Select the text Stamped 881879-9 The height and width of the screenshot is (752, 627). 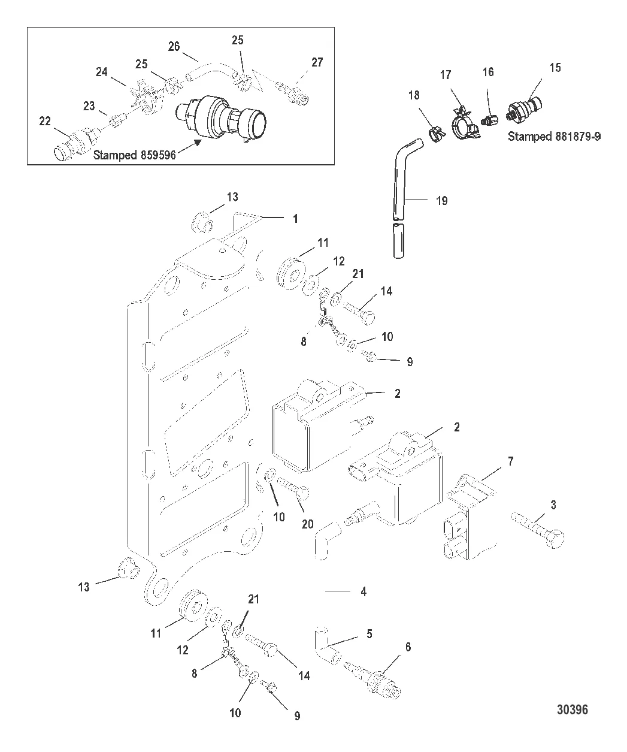(555, 137)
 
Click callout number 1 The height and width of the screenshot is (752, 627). (295, 219)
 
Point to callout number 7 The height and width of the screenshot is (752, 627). (510, 461)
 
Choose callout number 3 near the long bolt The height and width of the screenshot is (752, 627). (553, 505)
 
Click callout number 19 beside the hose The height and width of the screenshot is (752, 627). (441, 201)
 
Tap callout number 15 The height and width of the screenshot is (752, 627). (555, 67)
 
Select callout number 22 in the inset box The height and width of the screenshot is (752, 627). (45, 121)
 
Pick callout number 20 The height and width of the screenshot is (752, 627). (307, 524)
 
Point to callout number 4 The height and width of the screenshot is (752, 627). (364, 591)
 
